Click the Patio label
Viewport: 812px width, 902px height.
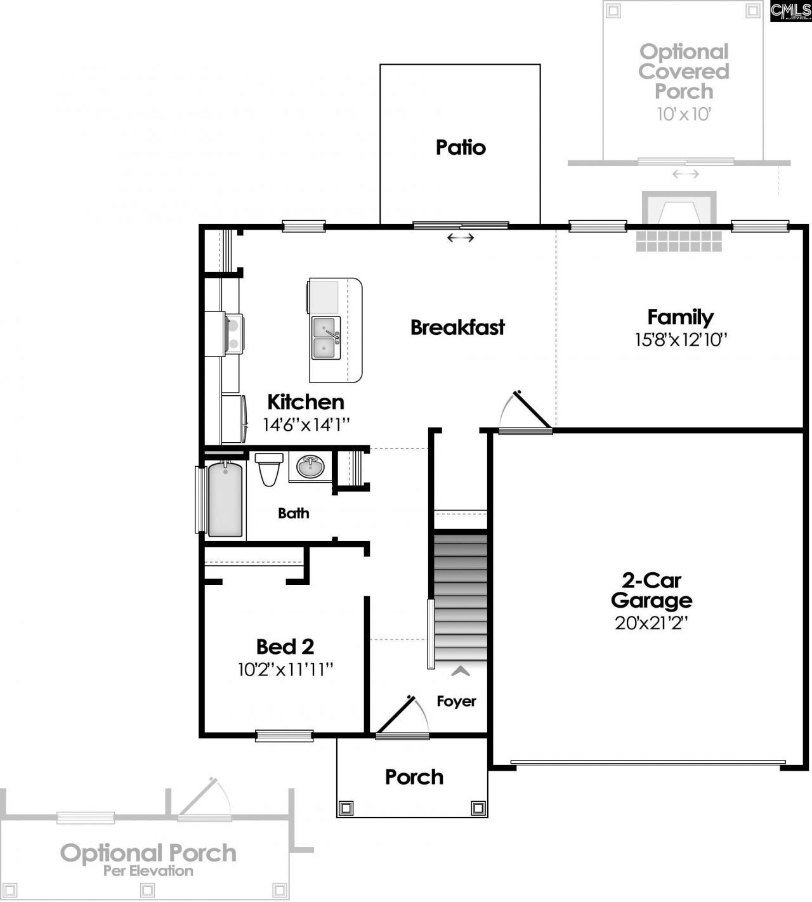coord(461,147)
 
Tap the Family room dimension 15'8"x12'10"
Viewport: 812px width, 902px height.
coord(680,340)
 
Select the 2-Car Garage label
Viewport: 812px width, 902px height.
coord(652,590)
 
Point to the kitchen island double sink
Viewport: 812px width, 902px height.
coord(326,338)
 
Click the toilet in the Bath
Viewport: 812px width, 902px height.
coord(269,469)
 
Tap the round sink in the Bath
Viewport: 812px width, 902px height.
coord(310,467)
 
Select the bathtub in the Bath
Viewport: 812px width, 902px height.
coord(225,500)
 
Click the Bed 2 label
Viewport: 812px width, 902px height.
coord(285,646)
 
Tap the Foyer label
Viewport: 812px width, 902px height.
coord(456,701)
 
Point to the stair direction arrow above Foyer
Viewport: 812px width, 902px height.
coord(461,670)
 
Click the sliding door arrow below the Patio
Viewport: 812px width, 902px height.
coord(461,238)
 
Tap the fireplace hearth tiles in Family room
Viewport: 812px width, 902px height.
coord(679,240)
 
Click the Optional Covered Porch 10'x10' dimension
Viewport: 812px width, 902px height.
coord(683,114)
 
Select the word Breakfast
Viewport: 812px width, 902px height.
coord(457,327)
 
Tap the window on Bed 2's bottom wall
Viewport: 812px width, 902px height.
coord(284,736)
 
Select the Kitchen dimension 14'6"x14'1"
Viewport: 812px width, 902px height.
coord(306,424)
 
